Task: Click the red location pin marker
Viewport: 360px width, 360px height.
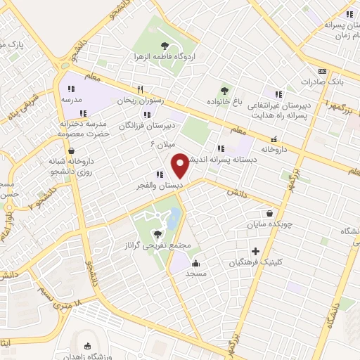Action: pyautogui.click(x=181, y=166)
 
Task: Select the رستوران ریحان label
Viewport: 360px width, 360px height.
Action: pyautogui.click(x=143, y=101)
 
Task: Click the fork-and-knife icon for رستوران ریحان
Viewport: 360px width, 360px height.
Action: pyautogui.click(x=140, y=89)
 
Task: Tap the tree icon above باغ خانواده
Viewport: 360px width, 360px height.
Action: pyautogui.click(x=224, y=90)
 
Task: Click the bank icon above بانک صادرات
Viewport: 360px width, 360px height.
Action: pyautogui.click(x=322, y=71)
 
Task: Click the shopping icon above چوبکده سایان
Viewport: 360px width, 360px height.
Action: pyautogui.click(x=270, y=214)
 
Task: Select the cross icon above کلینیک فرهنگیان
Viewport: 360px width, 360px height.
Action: pyautogui.click(x=255, y=251)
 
